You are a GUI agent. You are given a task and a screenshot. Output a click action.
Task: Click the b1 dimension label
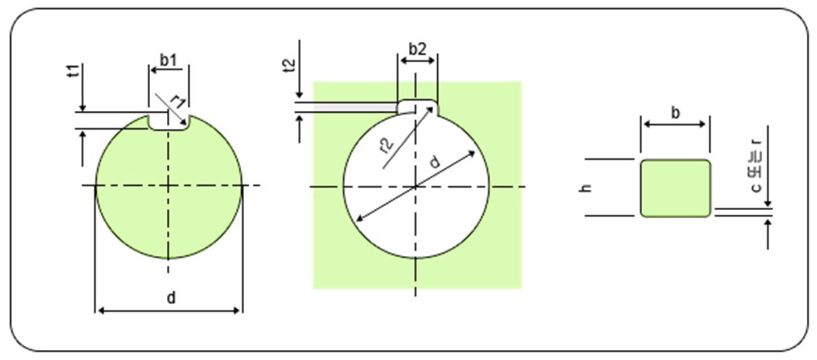[168, 61]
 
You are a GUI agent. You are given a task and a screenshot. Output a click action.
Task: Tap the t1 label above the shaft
[74, 71]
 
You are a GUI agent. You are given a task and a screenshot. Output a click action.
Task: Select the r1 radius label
[178, 103]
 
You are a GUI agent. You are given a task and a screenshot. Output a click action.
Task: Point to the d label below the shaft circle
[171, 298]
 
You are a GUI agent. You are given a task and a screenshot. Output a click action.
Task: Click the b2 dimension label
[418, 49]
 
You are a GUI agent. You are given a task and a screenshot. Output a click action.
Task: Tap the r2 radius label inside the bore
[387, 145]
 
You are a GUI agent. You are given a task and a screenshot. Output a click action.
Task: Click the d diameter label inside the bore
[435, 161]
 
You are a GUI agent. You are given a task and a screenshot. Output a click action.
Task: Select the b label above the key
[676, 113]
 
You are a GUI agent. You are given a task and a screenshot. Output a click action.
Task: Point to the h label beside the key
[586, 188]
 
